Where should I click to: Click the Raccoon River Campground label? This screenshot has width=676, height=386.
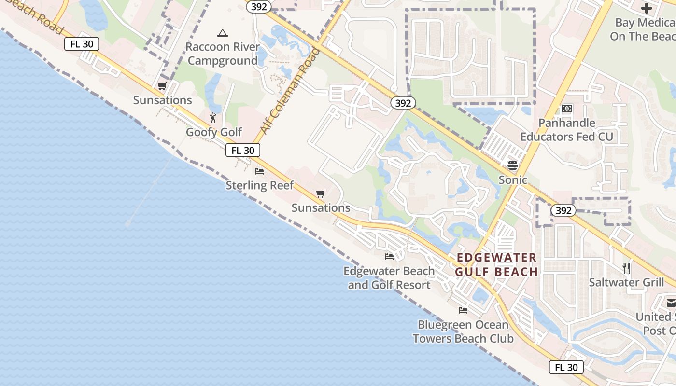223,54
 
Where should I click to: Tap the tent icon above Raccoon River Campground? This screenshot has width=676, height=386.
222,33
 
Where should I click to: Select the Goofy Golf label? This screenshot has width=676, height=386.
214,132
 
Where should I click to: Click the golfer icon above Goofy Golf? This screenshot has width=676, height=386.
213,118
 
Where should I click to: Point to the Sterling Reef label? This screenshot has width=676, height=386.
260,185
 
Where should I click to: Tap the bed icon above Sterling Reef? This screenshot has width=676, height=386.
259,171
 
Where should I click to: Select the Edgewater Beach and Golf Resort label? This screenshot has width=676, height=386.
389,278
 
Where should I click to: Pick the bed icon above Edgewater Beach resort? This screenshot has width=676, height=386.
389,256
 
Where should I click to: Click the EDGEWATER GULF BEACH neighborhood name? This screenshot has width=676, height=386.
496,264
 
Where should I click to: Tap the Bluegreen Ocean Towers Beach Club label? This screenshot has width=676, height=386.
463,331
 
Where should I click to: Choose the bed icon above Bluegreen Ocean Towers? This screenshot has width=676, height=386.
463,310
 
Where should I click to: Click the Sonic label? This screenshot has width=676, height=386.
513,179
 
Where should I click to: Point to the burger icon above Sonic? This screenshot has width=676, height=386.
513,165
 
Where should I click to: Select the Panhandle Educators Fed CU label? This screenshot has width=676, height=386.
566,130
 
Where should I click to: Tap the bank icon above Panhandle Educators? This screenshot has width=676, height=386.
566,109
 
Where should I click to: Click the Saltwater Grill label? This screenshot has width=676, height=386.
626,282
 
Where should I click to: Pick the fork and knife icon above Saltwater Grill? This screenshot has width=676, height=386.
626,268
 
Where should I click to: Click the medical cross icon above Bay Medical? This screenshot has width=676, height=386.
646,8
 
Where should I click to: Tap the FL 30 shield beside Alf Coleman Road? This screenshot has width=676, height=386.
243,151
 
